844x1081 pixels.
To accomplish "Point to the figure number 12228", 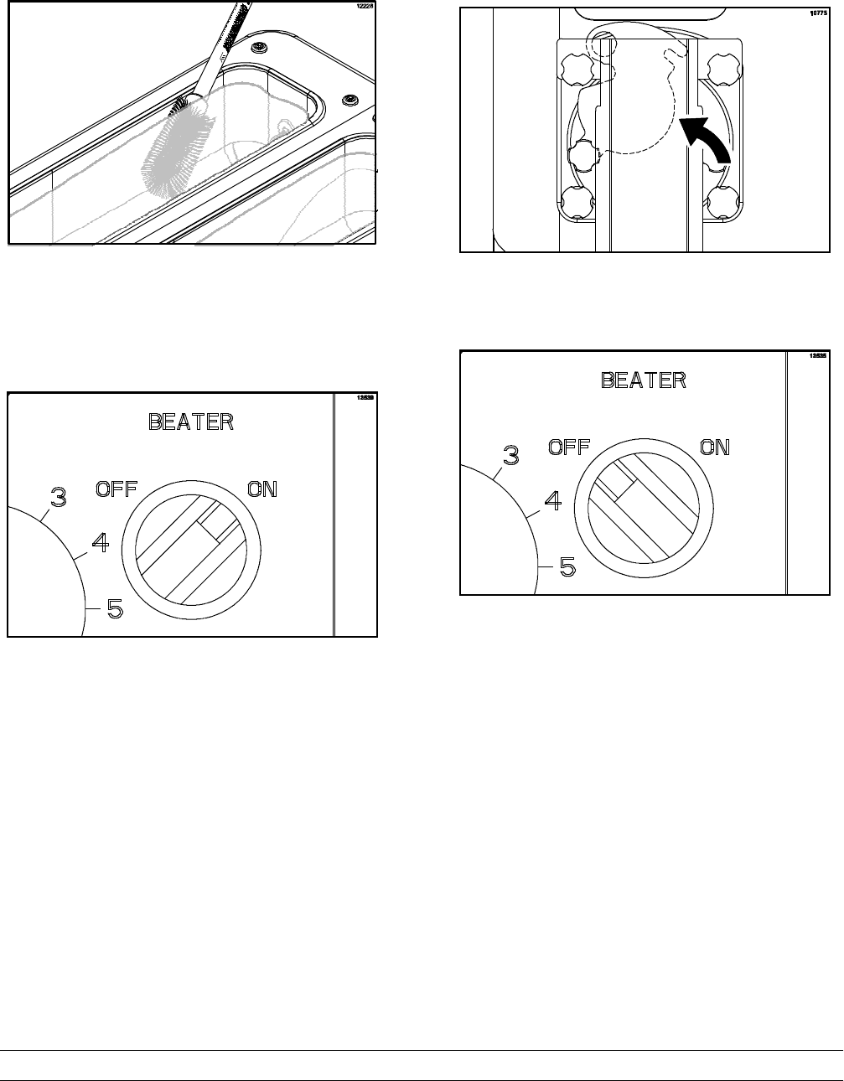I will point(361,7).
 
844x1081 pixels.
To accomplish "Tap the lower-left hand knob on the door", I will point(577,201).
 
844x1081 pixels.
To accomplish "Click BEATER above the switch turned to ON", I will point(191,422).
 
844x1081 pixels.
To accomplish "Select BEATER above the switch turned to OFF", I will point(644,380).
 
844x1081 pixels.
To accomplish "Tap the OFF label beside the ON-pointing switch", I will point(117,489).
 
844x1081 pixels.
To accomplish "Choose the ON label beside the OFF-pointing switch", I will point(715,447).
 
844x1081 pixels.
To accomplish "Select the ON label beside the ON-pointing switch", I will point(262,489).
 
